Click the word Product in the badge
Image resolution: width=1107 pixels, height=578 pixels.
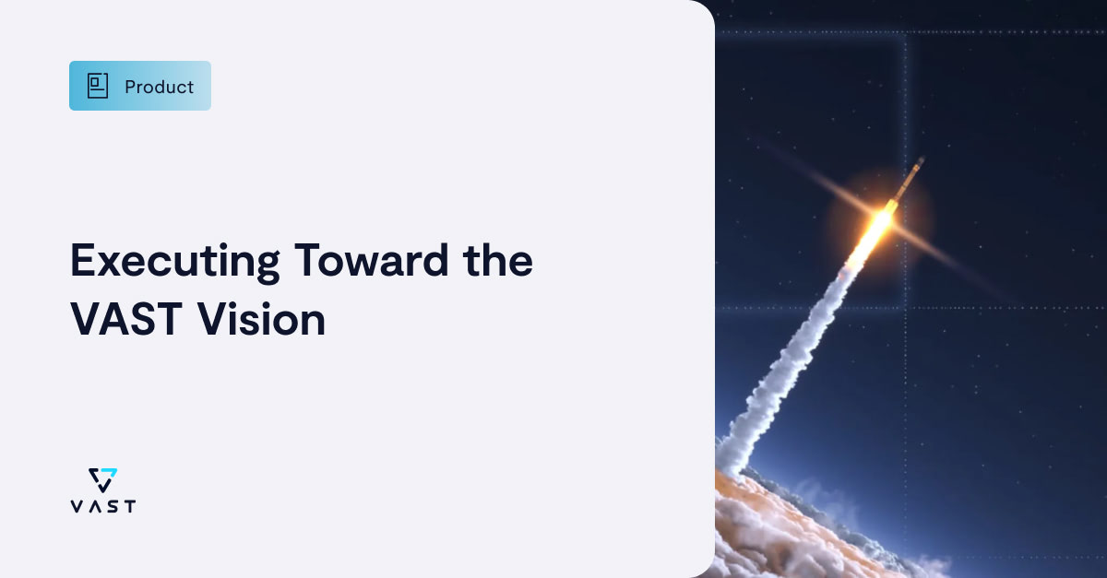(x=159, y=87)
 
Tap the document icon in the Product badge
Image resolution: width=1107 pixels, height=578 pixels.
(x=98, y=86)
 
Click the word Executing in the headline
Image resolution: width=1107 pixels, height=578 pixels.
(x=174, y=261)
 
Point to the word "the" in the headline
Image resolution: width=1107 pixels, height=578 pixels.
(x=496, y=261)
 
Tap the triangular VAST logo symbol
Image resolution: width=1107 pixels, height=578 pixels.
(x=102, y=479)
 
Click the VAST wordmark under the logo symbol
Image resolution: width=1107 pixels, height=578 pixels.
(x=102, y=506)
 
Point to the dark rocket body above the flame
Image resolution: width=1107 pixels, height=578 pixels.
(x=908, y=181)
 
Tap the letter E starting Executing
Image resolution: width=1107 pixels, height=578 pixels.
(x=83, y=261)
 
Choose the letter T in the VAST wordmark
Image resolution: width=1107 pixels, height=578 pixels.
(x=129, y=506)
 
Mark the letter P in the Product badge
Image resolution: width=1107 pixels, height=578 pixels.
(x=130, y=87)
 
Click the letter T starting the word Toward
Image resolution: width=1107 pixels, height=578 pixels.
(x=306, y=261)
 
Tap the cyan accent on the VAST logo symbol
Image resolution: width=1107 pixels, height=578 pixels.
(x=112, y=474)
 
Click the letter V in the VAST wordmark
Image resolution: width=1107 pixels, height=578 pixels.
(x=76, y=506)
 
